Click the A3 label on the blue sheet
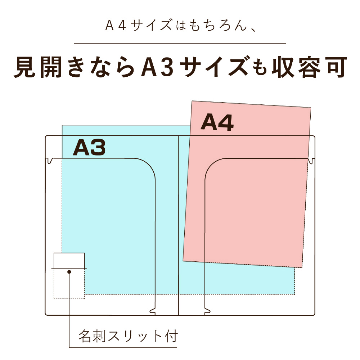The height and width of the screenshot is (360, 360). [89, 147]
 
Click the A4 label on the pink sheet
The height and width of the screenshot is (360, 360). [217, 122]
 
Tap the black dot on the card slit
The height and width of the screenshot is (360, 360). [69, 272]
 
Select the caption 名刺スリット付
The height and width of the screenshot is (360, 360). [128, 336]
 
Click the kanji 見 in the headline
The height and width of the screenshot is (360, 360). [25, 67]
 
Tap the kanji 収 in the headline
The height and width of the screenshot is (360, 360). [283, 67]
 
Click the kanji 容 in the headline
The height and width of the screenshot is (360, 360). [310, 67]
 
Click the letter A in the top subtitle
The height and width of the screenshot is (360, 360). [109, 25]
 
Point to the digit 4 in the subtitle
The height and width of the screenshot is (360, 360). [122, 25]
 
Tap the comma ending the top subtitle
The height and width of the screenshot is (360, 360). [253, 30]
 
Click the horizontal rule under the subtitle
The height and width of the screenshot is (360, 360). [180, 43]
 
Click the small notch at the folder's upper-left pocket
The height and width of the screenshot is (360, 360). [50, 161]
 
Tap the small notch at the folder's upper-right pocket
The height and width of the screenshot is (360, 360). [310, 161]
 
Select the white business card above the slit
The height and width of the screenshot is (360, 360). [69, 261]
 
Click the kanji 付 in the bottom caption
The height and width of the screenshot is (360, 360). [171, 336]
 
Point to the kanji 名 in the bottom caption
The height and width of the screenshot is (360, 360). [85, 336]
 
